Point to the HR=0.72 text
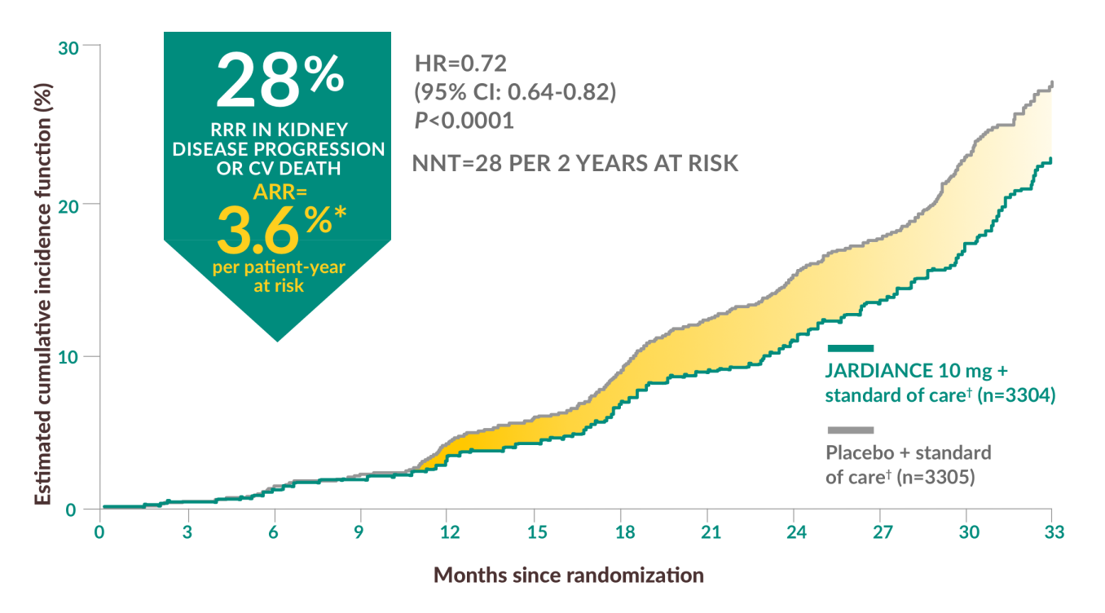pyautogui.click(x=460, y=63)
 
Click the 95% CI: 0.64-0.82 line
pyautogui.click(x=515, y=91)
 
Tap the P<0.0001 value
pyautogui.click(x=464, y=121)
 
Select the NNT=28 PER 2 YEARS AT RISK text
pyautogui.click(x=576, y=163)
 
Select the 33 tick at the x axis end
pyautogui.click(x=1052, y=531)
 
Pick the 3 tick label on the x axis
pyautogui.click(x=187, y=531)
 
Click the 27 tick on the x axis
pyautogui.click(x=880, y=531)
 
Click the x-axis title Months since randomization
pyautogui.click(x=568, y=575)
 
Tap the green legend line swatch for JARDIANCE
pyautogui.click(x=850, y=348)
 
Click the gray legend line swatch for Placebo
pyautogui.click(x=850, y=430)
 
